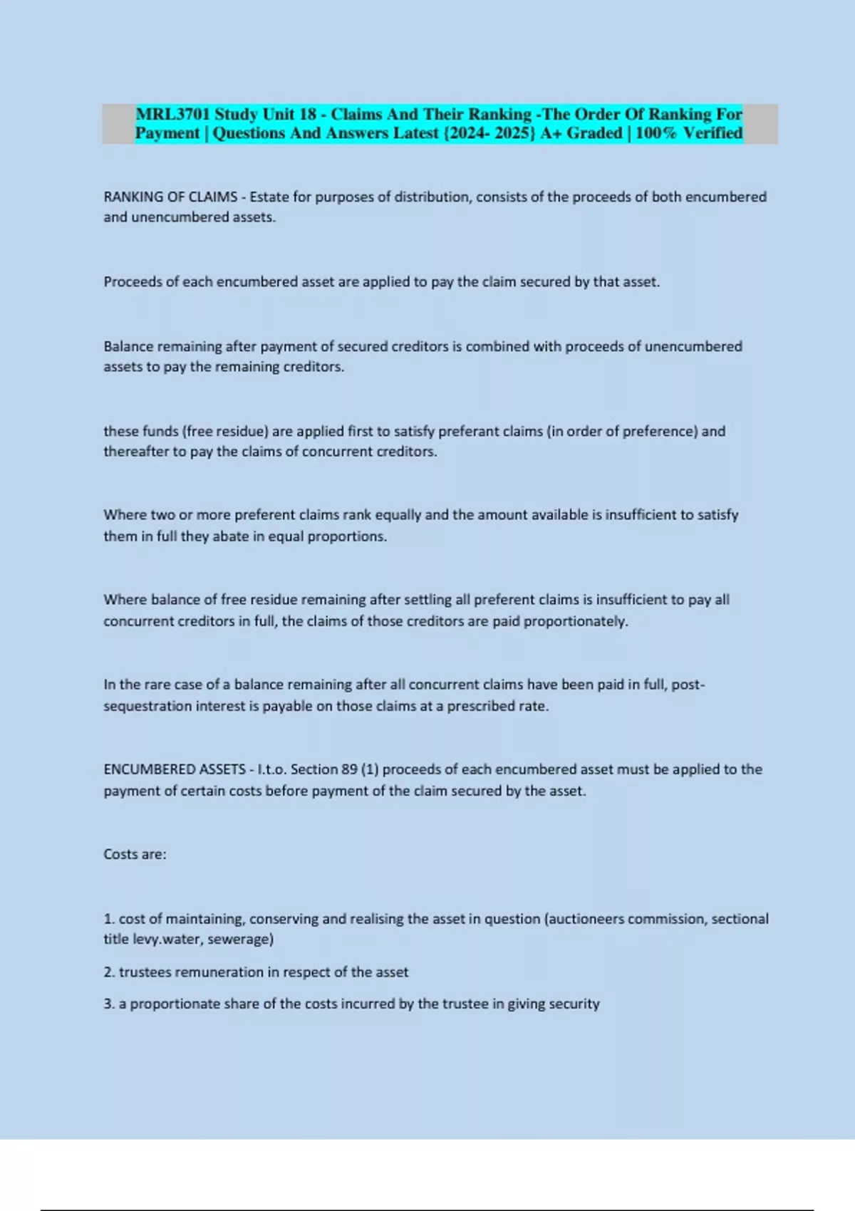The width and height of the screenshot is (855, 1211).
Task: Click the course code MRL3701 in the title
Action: (172, 114)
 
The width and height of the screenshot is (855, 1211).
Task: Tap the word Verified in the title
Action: (712, 133)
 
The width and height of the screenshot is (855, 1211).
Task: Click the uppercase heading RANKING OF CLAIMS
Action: (170, 197)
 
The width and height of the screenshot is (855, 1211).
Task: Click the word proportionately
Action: (576, 621)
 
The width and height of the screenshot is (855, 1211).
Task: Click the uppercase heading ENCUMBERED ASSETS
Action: (175, 769)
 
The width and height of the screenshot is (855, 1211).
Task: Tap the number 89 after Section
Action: (349, 769)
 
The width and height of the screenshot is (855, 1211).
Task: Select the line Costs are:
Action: (135, 854)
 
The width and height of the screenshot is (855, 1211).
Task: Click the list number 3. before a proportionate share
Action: (109, 1004)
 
